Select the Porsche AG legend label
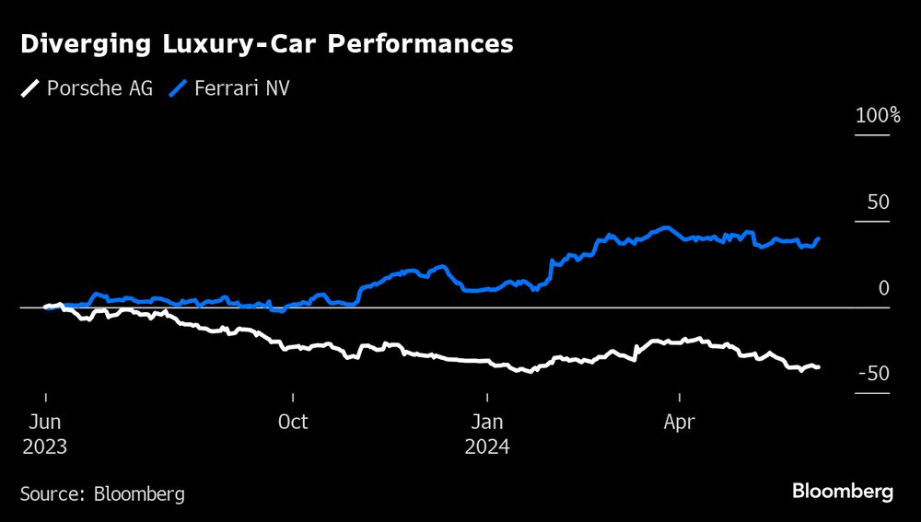(99, 89)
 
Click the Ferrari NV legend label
(240, 89)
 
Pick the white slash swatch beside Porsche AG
(30, 89)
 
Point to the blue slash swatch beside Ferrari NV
(179, 89)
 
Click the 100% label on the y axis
(878, 116)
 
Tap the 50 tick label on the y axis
(879, 202)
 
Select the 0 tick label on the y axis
(884, 288)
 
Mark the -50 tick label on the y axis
(874, 374)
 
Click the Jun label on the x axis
(46, 423)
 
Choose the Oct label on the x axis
(293, 423)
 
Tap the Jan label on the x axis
(487, 423)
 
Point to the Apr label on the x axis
(680, 423)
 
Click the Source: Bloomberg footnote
(102, 493)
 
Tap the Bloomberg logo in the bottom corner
(843, 492)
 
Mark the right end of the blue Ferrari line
(819, 239)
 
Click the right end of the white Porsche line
(819, 367)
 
